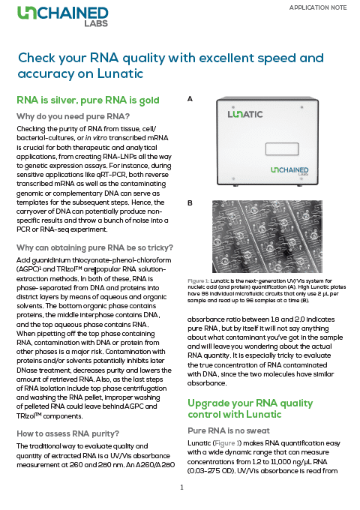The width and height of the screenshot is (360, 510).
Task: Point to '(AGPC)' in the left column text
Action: tap(31, 268)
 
